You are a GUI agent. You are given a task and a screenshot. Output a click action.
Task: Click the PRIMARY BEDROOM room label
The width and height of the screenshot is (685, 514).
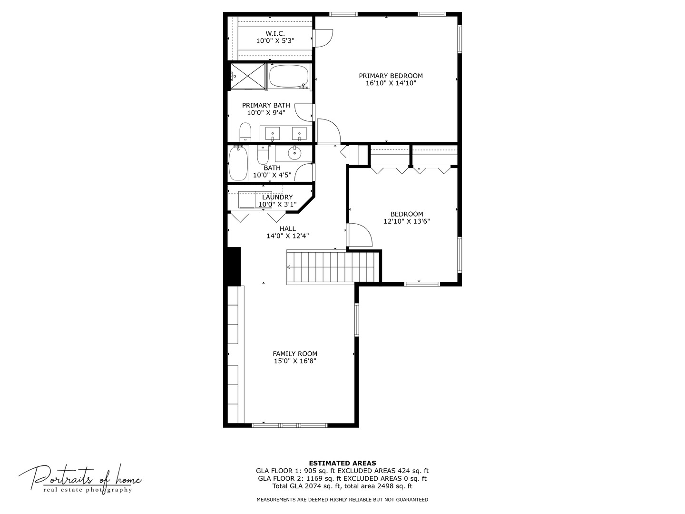click(x=391, y=76)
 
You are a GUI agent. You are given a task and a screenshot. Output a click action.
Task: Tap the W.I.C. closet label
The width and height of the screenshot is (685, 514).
click(x=275, y=33)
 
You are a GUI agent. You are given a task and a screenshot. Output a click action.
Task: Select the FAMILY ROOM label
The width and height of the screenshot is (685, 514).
click(x=295, y=354)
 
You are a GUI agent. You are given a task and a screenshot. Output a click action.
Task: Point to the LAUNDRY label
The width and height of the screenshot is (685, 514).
click(x=277, y=197)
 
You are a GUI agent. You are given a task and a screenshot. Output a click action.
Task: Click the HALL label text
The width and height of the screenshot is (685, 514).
click(x=288, y=228)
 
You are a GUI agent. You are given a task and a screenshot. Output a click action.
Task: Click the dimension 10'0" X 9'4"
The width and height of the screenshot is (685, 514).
click(x=266, y=113)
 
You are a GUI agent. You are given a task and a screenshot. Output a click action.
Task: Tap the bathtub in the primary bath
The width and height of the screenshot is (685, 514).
click(x=289, y=76)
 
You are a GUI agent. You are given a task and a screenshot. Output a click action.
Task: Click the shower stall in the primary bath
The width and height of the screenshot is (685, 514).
click(x=248, y=76)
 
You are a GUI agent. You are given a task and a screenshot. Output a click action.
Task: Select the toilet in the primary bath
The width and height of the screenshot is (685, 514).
click(x=245, y=132)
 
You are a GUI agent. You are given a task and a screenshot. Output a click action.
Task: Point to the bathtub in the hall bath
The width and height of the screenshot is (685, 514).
click(x=238, y=163)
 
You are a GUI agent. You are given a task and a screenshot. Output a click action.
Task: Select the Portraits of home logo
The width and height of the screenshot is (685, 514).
click(x=80, y=477)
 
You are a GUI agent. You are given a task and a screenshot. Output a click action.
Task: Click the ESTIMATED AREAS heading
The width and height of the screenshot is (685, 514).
click(x=342, y=463)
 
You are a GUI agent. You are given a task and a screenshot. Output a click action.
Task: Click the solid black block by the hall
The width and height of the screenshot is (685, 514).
click(x=234, y=266)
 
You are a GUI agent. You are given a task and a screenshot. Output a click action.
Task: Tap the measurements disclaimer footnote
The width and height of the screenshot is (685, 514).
click(x=342, y=500)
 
